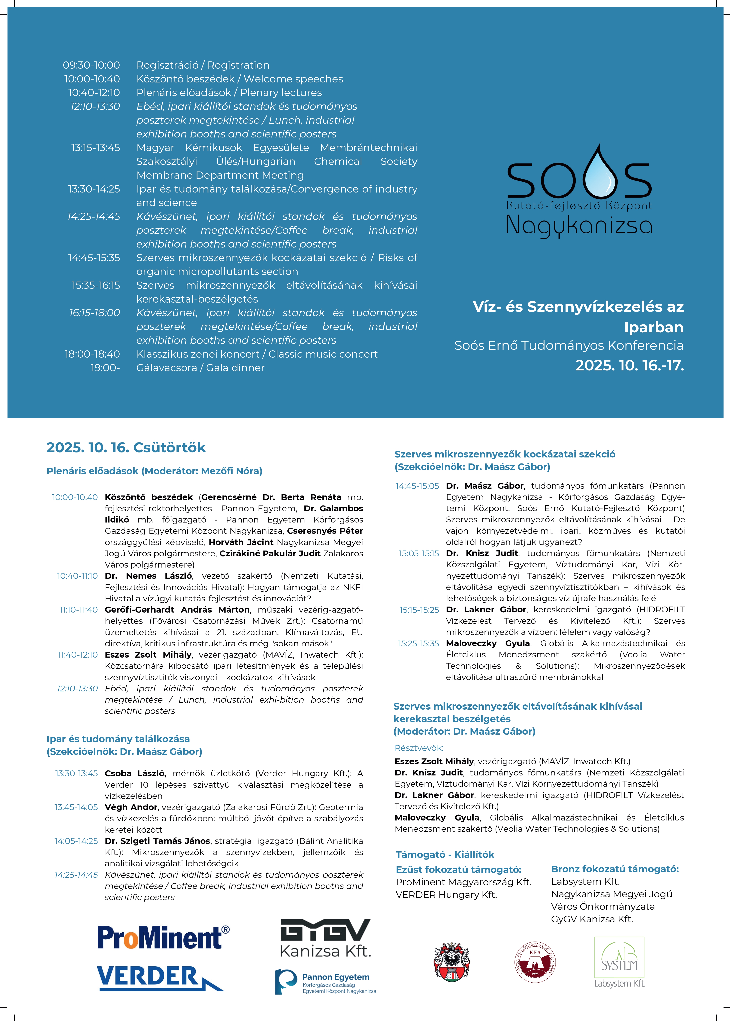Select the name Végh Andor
131,807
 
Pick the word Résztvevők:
419,748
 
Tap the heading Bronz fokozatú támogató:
614,869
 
